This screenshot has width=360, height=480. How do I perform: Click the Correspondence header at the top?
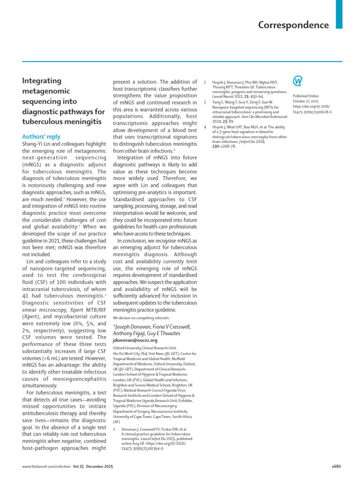293,25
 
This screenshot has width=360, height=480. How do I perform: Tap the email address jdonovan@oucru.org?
135,340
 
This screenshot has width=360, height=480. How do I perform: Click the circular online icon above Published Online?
297,81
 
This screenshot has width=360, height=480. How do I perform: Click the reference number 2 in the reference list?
205,82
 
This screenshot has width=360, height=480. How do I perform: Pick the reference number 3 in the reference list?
205,102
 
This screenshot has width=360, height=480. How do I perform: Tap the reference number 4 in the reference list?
205,127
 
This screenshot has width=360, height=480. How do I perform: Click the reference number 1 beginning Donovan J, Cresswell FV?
115,429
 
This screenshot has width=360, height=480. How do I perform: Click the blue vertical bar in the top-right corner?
339,14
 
